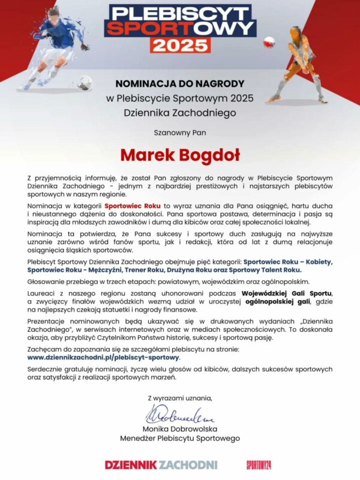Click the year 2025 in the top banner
click(180, 46)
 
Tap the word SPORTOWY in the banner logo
click(180, 28)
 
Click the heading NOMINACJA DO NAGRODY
click(180, 84)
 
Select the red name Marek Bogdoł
click(180, 155)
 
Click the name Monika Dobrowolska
click(180, 429)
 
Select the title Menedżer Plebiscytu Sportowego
click(180, 439)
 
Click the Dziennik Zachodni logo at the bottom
click(161, 464)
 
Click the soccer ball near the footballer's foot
click(85, 82)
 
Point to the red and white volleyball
click(269, 42)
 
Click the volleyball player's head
click(295, 31)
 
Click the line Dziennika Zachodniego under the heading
click(180, 112)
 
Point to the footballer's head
click(55, 13)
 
